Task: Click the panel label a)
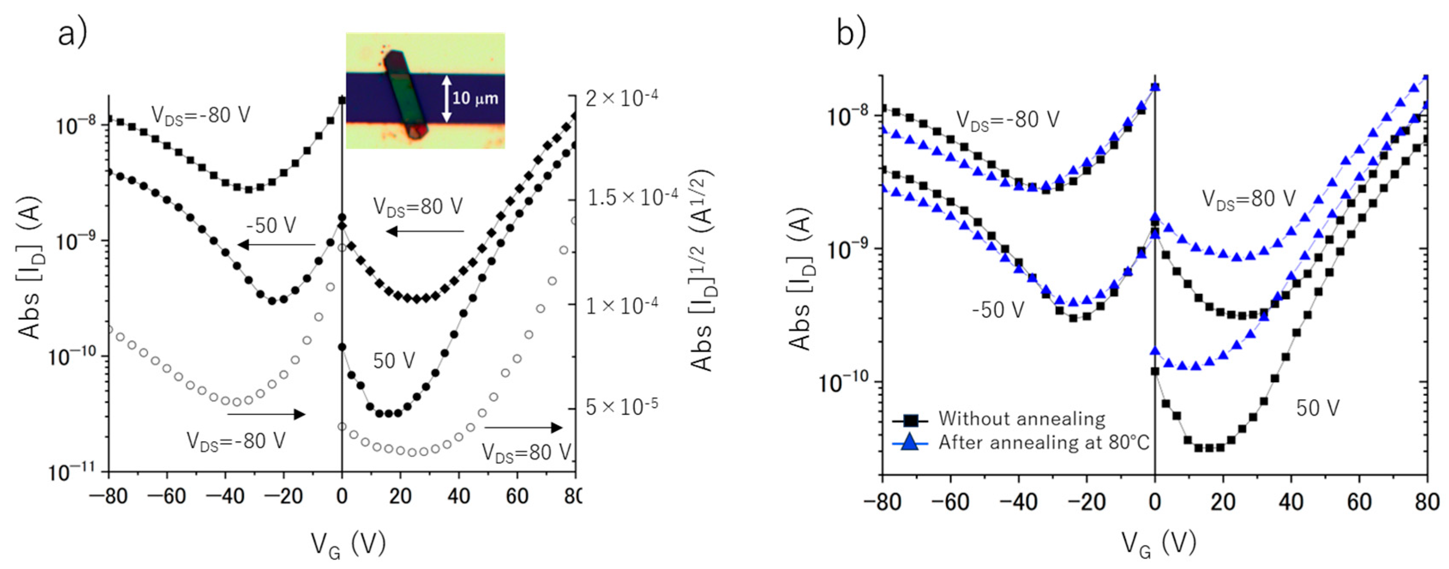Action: pos(72,35)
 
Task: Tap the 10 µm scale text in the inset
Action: pos(475,99)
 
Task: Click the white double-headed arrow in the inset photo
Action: pos(446,99)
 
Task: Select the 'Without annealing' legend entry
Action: pos(1021,419)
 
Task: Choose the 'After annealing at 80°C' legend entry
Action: pos(1043,443)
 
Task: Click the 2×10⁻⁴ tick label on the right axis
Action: pos(622,99)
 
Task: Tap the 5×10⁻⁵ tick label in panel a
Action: pos(622,406)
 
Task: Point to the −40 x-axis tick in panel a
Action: pos(225,497)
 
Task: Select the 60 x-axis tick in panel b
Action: pos(1359,502)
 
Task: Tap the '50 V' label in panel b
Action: pos(1318,408)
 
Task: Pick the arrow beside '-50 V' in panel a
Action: pos(275,245)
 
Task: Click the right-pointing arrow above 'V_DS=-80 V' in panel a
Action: pos(266,414)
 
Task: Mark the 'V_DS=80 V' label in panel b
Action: pos(1249,199)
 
